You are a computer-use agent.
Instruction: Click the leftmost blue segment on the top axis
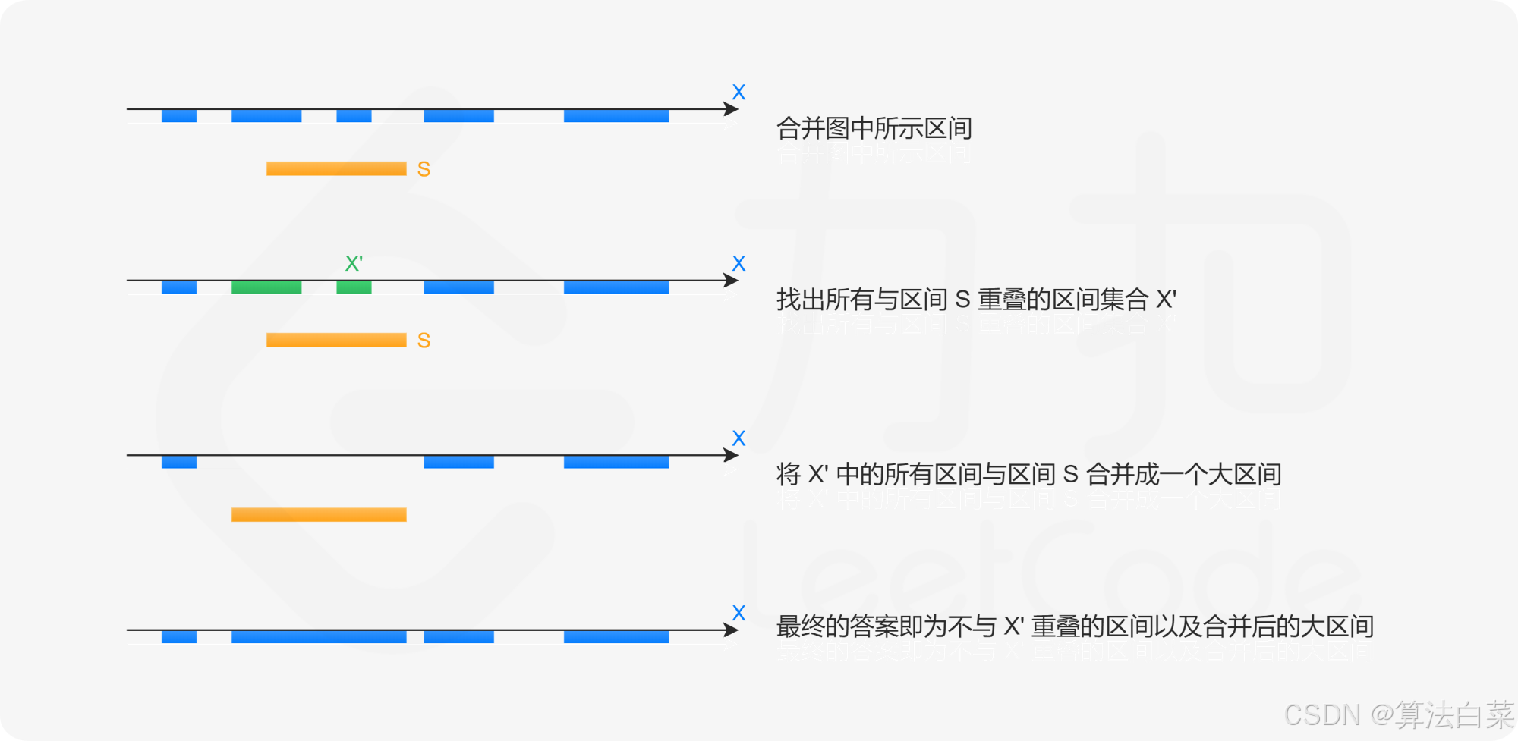coord(179,116)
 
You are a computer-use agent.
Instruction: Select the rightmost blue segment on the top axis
coord(616,116)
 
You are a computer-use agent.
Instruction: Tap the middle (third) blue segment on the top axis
coord(354,116)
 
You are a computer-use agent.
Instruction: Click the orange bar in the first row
coord(336,168)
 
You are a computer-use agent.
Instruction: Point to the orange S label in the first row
coord(424,169)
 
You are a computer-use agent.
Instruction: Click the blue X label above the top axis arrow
coord(739,93)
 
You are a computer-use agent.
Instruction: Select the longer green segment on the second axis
coord(266,287)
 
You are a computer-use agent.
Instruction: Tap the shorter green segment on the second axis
coord(354,287)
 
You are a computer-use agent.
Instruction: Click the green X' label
coord(354,264)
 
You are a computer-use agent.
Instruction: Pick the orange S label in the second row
coord(424,341)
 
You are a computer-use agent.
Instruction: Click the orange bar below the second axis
coord(336,340)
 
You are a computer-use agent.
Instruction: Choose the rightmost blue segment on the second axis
coord(616,287)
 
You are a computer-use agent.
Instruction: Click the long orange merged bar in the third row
coord(319,515)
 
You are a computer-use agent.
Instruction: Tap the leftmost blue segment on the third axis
coord(179,462)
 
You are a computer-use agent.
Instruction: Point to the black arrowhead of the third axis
coord(731,455)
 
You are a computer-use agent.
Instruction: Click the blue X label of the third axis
coord(739,438)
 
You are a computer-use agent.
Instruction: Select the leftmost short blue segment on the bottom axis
coord(179,637)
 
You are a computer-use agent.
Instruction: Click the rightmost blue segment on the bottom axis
coord(616,637)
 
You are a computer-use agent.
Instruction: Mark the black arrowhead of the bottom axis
coord(731,630)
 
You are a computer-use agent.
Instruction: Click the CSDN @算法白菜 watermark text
coord(1397,714)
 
